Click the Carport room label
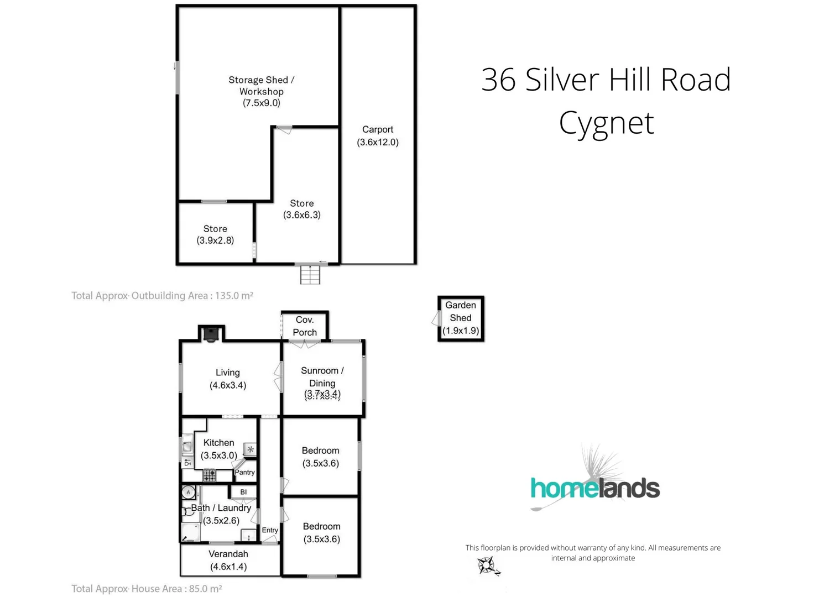377,129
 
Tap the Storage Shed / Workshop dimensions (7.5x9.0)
261,103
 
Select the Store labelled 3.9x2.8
215,234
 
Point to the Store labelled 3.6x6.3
301,209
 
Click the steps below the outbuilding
310,275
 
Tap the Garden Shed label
460,311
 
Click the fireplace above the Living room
211,334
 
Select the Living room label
227,373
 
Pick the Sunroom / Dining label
322,376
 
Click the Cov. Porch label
305,326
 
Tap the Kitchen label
218,443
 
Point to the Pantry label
244,473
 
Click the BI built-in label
243,492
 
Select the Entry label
270,530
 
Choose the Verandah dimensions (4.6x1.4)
228,567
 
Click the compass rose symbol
487,565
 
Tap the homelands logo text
595,489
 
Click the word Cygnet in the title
606,123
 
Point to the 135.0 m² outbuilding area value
234,296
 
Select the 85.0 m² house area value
205,589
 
